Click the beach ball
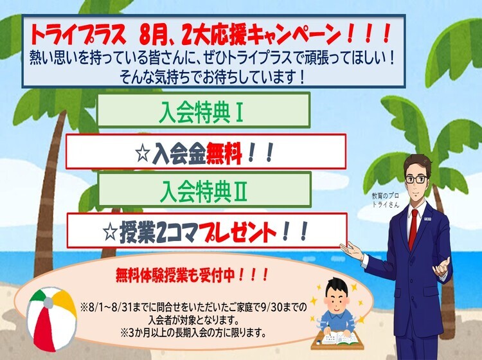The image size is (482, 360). pos(51,319)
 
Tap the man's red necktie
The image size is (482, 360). pos(413,230)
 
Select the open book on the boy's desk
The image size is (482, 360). pos(344,338)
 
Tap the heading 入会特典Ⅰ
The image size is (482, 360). pos(202,114)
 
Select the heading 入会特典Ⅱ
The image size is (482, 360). pos(204,191)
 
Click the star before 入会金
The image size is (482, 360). pos(143,154)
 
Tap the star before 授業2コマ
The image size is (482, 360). pos(111,233)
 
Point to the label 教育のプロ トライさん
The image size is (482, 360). pos(386,200)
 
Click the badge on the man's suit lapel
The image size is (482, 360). pos(429,219)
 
